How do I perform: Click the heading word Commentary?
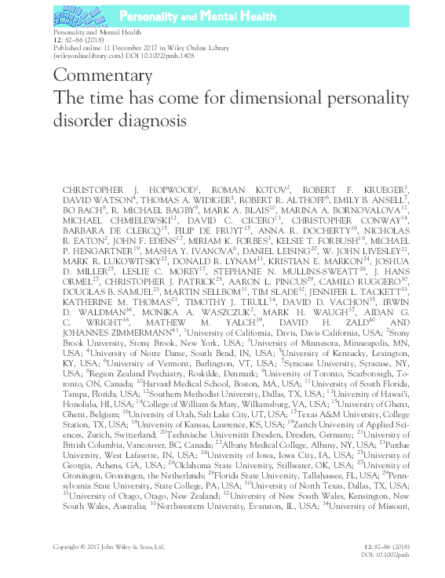[x=103, y=77]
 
